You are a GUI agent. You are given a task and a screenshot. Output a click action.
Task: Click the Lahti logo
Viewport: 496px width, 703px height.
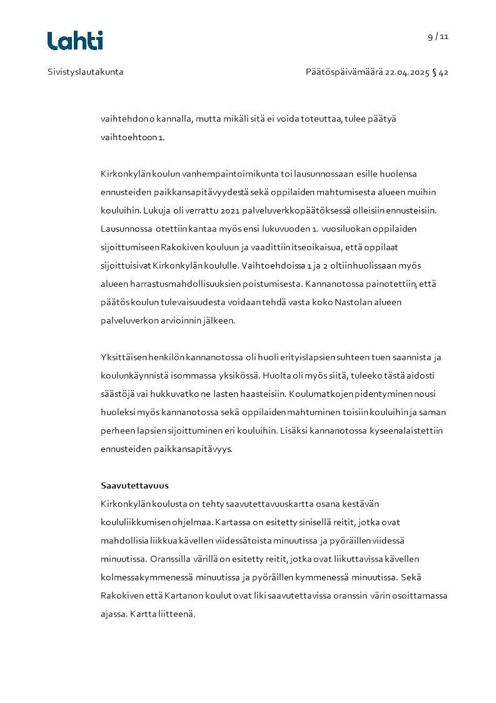(75, 41)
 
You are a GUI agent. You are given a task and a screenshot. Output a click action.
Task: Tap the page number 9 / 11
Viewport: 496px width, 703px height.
(438, 36)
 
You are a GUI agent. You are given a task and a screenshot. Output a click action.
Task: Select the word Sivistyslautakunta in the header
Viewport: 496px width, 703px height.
(86, 72)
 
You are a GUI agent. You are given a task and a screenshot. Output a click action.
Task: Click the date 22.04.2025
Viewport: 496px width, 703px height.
(407, 72)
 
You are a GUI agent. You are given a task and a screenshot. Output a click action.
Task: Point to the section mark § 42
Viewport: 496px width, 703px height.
(440, 72)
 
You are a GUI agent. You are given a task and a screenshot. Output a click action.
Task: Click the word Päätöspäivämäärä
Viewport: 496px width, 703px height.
(344, 72)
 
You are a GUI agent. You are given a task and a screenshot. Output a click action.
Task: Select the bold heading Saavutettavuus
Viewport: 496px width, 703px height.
(134, 486)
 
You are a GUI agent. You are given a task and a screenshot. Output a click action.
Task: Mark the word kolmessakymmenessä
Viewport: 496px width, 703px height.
(146, 577)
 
